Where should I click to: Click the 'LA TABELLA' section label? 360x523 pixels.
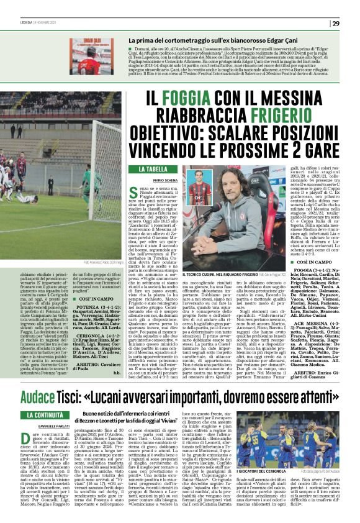pyautogui.click(x=152, y=169)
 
